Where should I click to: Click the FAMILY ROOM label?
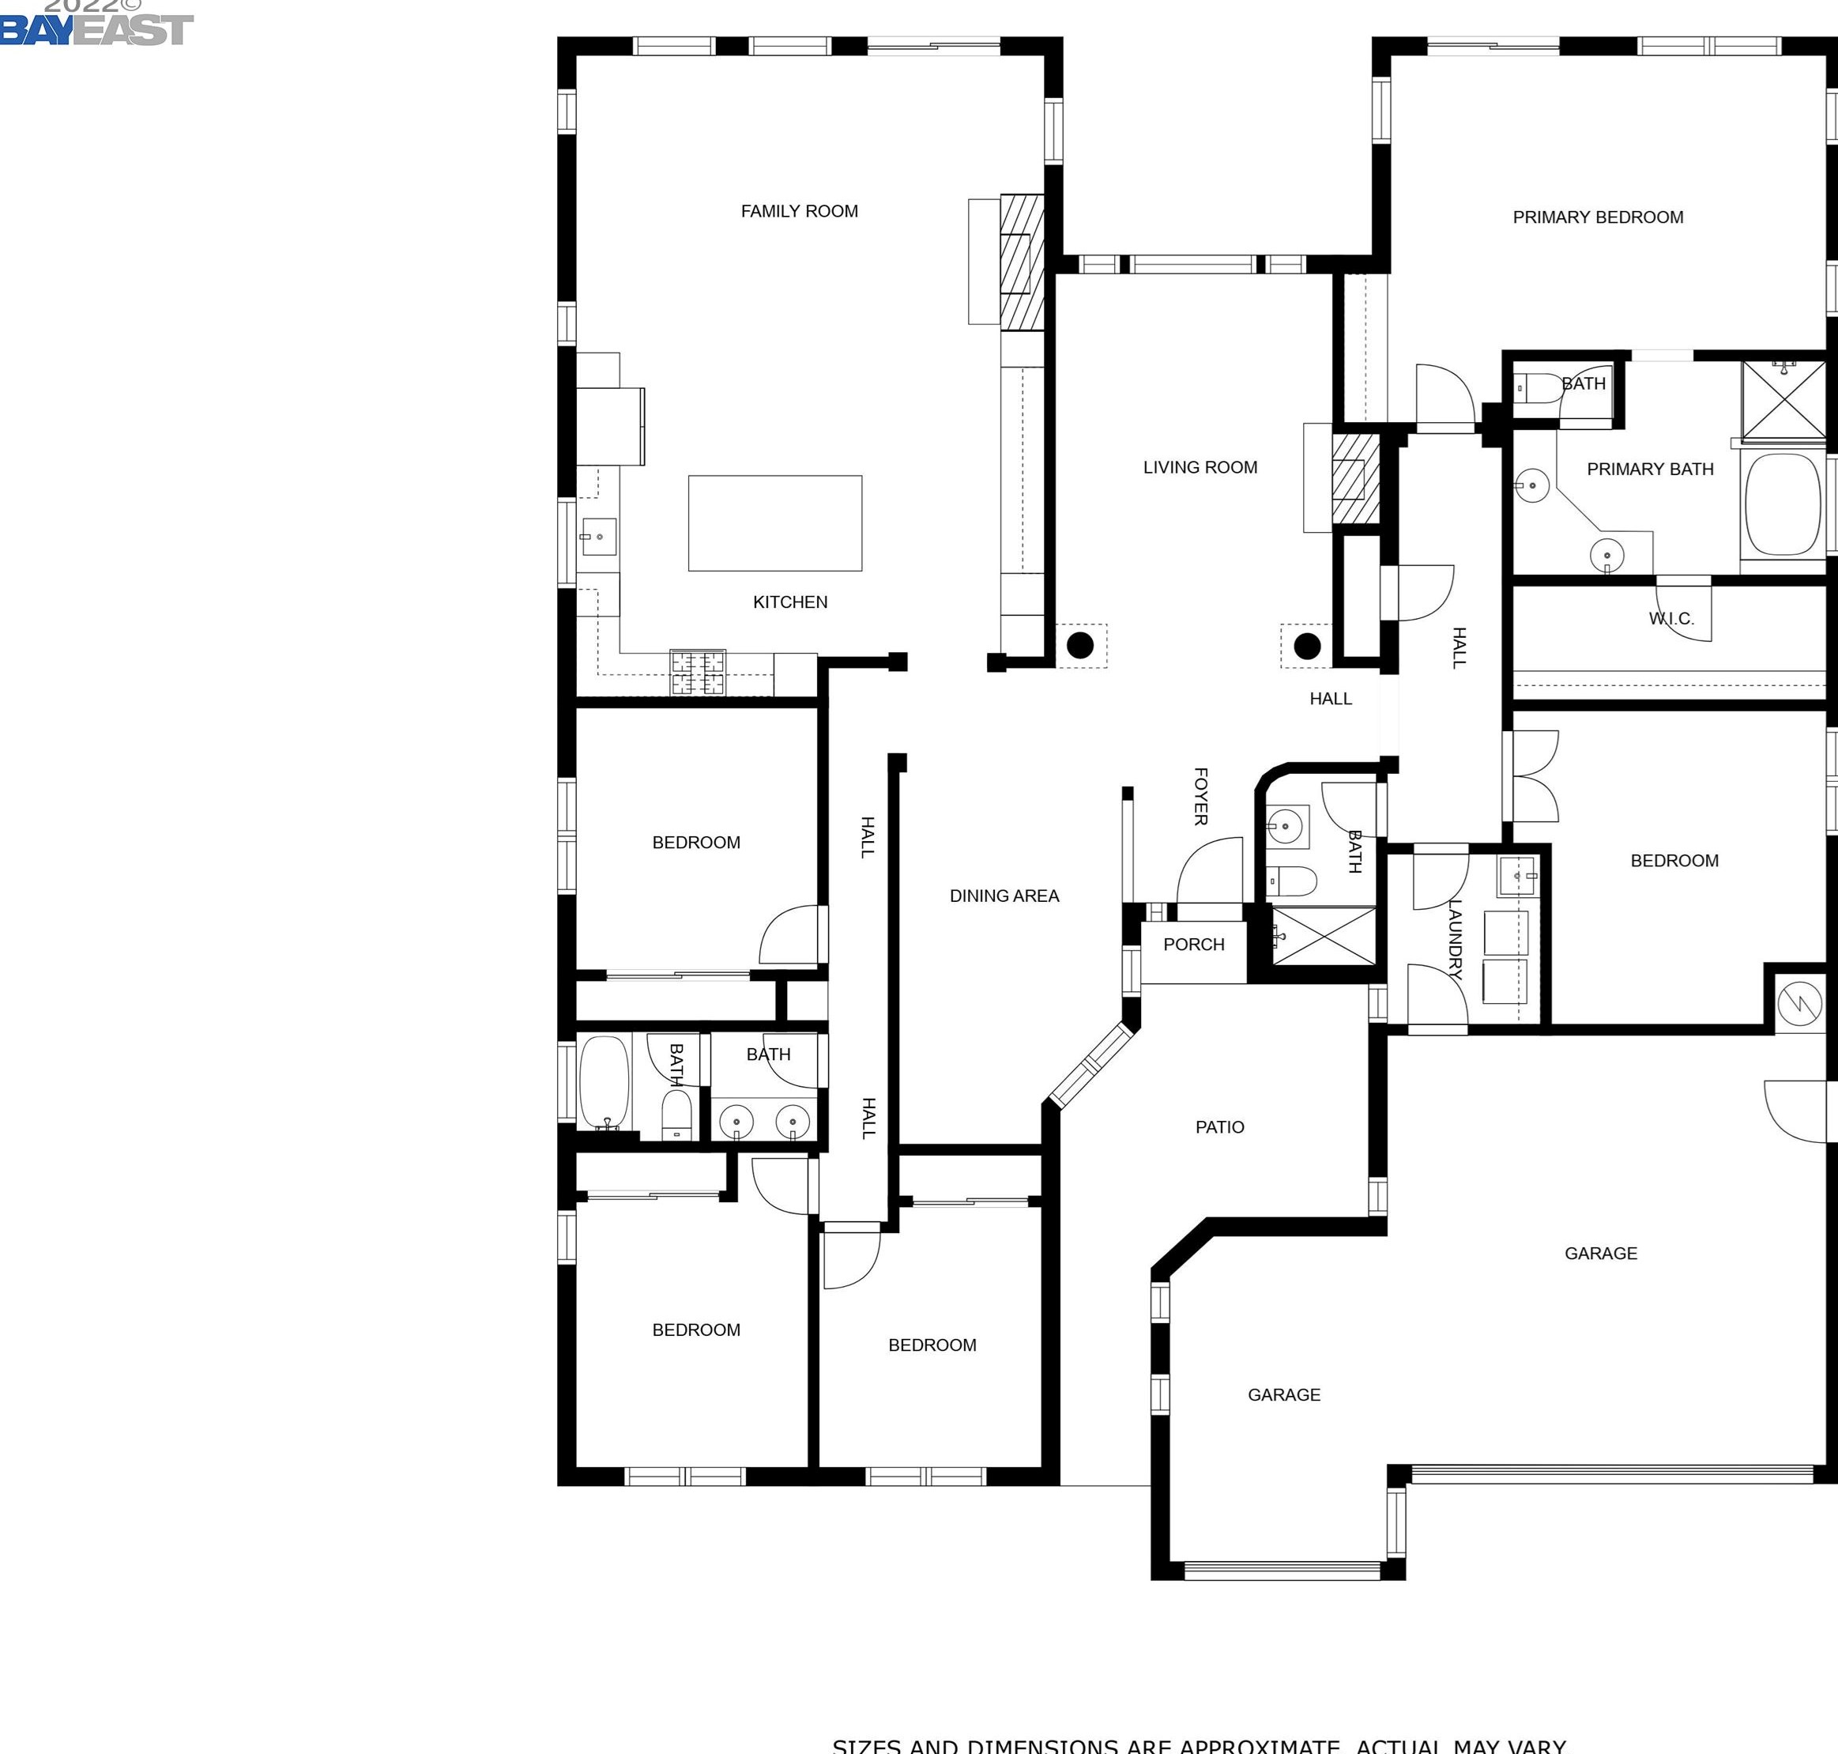[x=800, y=211]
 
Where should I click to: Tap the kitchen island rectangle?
[x=775, y=522]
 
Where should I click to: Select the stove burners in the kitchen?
[x=698, y=672]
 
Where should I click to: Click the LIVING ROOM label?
[x=1200, y=467]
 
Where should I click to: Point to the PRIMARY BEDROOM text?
[x=1598, y=217]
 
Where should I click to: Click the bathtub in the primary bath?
[x=1783, y=505]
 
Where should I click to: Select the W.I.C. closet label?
[x=1670, y=618]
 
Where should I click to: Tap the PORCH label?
[x=1193, y=945]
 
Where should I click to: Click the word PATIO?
[x=1219, y=1126]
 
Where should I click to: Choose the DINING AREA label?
[x=1004, y=896]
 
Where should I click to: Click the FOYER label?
[x=1201, y=797]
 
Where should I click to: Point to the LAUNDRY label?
[x=1455, y=939]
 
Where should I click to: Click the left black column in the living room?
[x=1079, y=645]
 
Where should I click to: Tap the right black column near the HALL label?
[x=1306, y=646]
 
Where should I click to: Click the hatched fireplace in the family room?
[x=1021, y=262]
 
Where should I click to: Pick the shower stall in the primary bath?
[x=1783, y=399]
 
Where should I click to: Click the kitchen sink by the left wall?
[x=597, y=537]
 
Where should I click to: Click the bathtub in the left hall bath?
[x=604, y=1082]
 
